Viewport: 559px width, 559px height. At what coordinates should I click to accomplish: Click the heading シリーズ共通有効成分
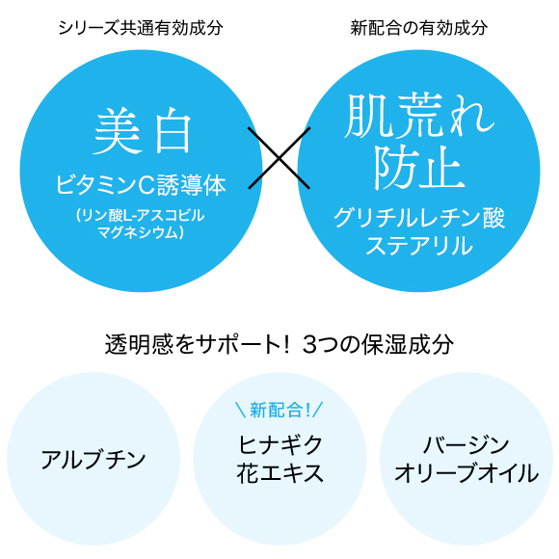141,28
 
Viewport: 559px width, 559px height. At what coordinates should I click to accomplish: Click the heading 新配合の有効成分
419,28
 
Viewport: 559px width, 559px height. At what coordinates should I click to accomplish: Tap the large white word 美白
143,131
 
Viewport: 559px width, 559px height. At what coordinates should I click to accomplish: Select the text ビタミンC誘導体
141,185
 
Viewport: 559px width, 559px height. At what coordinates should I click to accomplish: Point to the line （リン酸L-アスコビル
140,215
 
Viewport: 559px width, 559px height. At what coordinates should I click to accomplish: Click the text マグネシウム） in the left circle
141,232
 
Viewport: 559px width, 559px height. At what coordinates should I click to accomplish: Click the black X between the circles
279,157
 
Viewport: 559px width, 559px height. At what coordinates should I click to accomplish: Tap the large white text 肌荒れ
419,116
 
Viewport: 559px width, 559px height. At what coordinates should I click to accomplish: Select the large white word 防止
419,168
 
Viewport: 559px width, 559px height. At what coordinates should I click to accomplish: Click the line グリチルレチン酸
419,218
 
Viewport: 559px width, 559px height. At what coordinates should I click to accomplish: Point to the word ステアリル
419,246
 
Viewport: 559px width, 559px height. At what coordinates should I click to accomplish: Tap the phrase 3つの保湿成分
378,344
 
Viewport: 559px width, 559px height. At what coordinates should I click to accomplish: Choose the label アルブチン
93,459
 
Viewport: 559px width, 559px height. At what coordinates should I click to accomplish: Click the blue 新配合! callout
279,410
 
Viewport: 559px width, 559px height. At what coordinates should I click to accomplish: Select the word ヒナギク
279,444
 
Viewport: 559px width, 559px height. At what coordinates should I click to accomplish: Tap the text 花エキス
279,473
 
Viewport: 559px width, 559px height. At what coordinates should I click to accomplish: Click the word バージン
466,444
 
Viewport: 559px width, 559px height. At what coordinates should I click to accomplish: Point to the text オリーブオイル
466,473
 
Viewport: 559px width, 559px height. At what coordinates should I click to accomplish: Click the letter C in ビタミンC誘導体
146,185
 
